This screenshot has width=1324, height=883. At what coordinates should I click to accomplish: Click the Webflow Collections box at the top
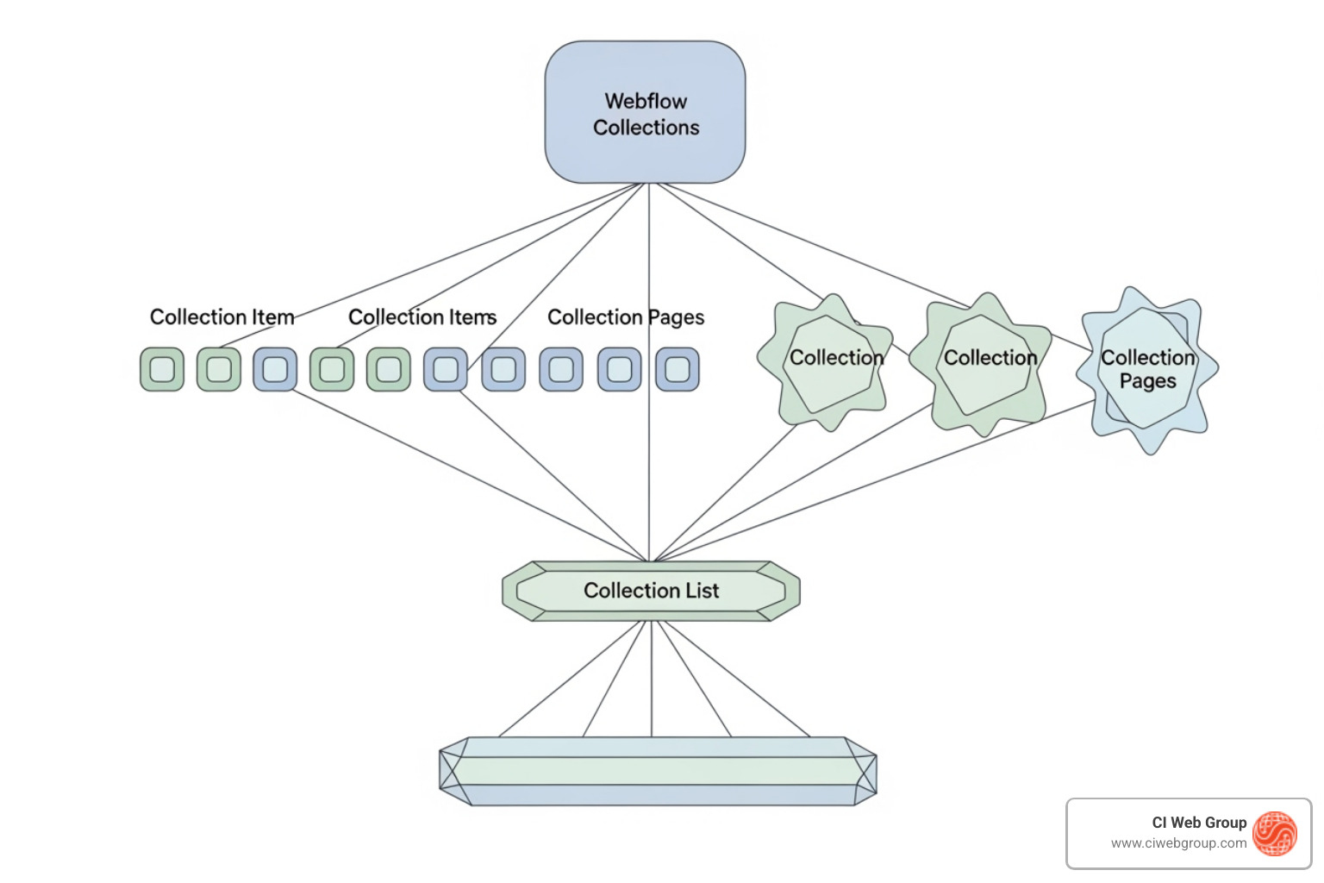[645, 112]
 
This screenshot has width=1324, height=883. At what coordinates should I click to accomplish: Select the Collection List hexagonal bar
[651, 592]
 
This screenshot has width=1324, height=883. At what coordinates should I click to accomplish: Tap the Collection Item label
[222, 317]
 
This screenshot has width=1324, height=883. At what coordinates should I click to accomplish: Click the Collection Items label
[422, 317]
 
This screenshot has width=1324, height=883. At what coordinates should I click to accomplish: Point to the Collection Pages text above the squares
[626, 317]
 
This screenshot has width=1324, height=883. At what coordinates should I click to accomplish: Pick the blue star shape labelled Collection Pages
[1147, 370]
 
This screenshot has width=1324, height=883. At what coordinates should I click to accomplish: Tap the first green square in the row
[162, 370]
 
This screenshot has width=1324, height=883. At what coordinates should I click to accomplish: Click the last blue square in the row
[678, 370]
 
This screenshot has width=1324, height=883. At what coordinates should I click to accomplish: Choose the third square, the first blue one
[275, 370]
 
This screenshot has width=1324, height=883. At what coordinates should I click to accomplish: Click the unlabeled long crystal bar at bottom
[658, 771]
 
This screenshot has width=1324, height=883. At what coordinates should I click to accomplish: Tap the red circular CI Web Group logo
[1275, 834]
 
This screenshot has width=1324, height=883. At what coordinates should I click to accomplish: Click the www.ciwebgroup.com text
[1178, 843]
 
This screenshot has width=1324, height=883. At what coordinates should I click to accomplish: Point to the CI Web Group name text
[1199, 823]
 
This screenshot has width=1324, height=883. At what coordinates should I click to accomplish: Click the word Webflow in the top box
[646, 102]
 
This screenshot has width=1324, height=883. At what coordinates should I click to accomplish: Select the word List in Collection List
[703, 592]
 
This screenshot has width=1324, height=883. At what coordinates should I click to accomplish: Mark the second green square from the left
[219, 370]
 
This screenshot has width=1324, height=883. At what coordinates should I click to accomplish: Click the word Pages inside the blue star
[1147, 381]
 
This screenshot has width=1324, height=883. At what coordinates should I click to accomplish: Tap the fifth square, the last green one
[389, 370]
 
